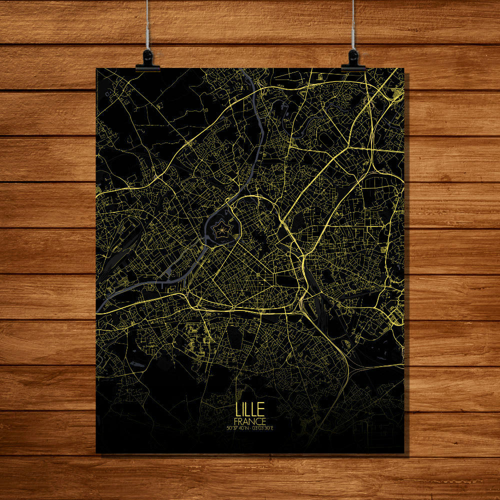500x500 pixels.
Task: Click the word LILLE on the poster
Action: click(250, 408)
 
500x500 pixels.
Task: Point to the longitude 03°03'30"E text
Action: click(264, 427)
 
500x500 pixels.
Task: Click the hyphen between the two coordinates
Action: click(251, 427)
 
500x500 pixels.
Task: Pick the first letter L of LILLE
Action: click(238, 408)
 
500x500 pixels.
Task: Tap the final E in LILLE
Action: click(262, 408)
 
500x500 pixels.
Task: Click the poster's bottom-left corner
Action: click(96, 453)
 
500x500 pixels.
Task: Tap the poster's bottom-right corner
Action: click(403, 453)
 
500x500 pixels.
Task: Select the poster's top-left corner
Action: click(96, 69)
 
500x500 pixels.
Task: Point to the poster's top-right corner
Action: click(403, 68)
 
